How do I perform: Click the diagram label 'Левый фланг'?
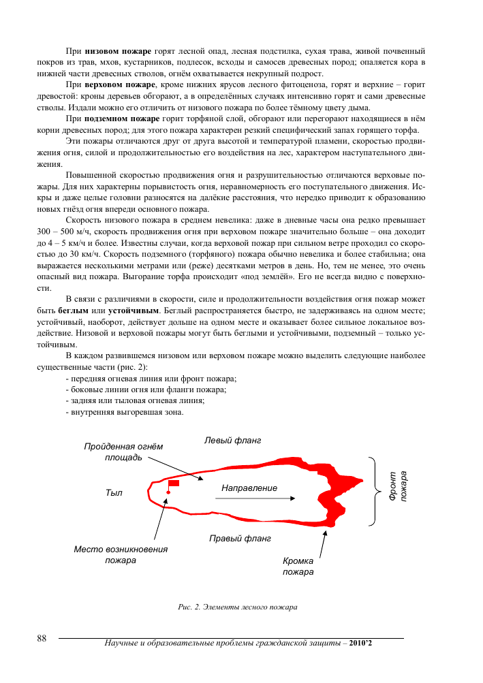[x=233, y=441]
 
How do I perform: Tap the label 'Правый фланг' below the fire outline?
[x=240, y=539]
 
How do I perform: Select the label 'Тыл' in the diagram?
[x=114, y=492]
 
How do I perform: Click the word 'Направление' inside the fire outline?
[x=249, y=488]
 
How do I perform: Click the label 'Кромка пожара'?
[x=298, y=567]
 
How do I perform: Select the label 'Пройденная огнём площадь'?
[x=124, y=451]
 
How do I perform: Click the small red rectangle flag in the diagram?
[x=174, y=483]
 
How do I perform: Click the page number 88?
[x=42, y=638]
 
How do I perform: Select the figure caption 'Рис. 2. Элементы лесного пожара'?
[x=238, y=606]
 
